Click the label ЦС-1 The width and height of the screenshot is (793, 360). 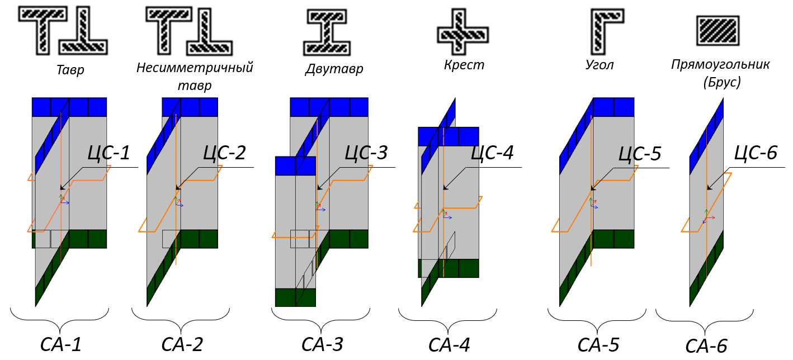click(109, 153)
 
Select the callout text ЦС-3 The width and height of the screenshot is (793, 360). click(366, 153)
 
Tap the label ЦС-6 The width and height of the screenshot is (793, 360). click(756, 153)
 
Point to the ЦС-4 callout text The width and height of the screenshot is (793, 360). click(492, 153)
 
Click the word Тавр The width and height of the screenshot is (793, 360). click(70, 70)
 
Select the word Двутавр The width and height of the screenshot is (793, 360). click(334, 69)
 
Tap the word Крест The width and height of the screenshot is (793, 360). click(464, 65)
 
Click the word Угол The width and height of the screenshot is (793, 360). click(600, 65)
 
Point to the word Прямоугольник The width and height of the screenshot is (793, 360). click(720, 65)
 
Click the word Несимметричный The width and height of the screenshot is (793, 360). click(195, 68)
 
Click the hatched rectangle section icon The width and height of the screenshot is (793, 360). click(719, 30)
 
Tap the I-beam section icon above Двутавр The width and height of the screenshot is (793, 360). click(327, 32)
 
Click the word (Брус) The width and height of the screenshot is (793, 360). click(721, 83)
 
